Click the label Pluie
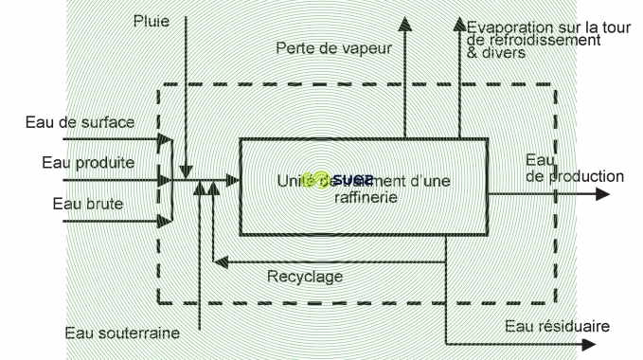click(x=151, y=21)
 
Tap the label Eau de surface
click(x=80, y=122)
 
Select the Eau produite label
click(x=88, y=162)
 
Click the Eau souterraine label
click(x=122, y=333)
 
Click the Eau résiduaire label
click(x=557, y=327)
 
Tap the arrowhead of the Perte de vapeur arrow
click(x=404, y=25)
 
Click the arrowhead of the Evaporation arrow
click(x=460, y=25)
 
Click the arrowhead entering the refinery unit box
click(x=232, y=178)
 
